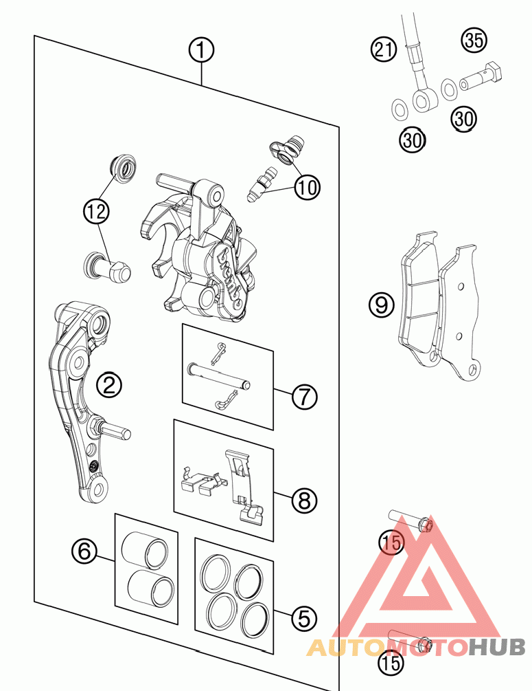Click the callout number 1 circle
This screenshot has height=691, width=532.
202,50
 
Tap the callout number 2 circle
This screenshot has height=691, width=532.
109,384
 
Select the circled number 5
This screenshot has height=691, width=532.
304,619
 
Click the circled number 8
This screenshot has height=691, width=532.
304,501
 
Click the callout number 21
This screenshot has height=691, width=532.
384,49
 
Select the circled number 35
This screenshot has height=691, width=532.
473,40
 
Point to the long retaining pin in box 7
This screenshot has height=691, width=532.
220,376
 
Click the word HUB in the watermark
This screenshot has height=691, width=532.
498,647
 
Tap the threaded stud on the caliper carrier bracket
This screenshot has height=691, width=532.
115,430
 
